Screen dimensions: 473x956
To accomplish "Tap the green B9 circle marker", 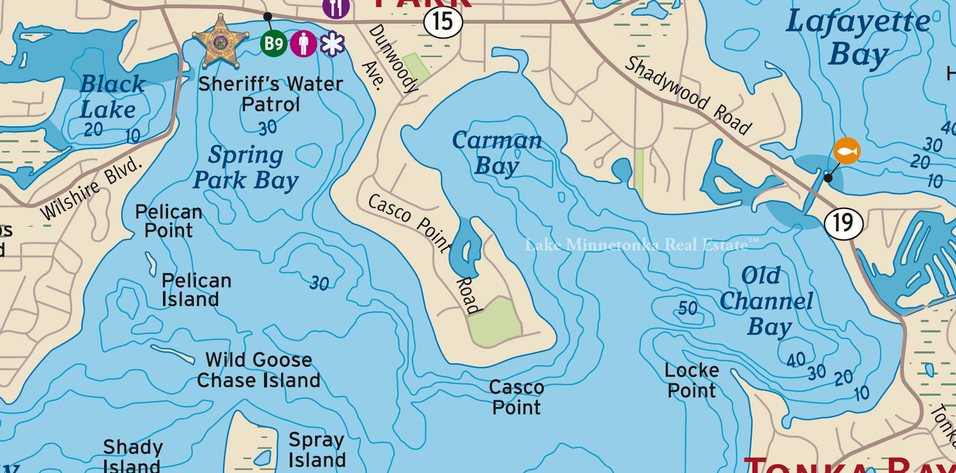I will click(273, 43).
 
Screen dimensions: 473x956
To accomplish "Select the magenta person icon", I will click(303, 43).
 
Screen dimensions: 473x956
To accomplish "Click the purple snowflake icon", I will click(332, 44).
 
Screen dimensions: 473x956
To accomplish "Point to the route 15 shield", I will click(443, 22).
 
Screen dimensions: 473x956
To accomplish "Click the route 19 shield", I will click(844, 223).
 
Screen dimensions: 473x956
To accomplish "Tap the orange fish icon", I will click(846, 151).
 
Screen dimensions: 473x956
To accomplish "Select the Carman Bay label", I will click(497, 153).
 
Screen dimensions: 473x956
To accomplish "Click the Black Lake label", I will click(112, 97).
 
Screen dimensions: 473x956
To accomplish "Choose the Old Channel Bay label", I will click(767, 301).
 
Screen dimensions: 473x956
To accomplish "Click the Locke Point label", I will click(691, 380).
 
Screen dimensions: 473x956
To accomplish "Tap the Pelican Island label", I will click(196, 290).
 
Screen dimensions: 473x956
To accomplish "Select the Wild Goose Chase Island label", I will click(259, 370).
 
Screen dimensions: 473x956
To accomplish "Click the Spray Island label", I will click(317, 450).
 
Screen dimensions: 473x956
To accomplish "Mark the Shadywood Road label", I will click(688, 96).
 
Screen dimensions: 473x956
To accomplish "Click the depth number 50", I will click(687, 309).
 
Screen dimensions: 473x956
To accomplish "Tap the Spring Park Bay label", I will click(246, 167).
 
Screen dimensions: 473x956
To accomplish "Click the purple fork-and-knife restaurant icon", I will click(336, 7).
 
